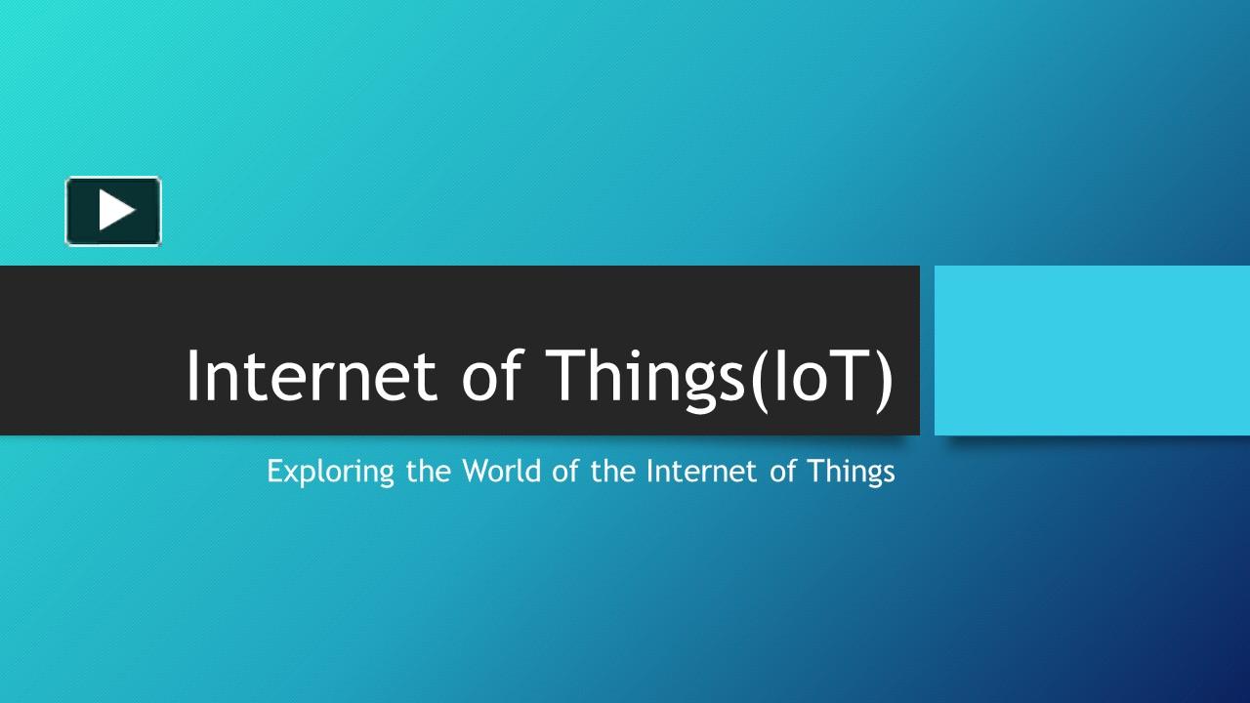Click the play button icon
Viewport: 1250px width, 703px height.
(113, 210)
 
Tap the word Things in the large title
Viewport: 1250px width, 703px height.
(645, 375)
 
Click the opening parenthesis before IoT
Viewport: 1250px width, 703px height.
(759, 377)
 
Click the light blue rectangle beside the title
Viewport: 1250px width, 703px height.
(1092, 351)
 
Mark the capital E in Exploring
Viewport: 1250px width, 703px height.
(274, 472)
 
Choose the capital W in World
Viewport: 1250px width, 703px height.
(476, 472)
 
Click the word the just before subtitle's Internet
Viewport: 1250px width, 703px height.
(613, 472)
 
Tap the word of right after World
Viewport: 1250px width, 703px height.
(563, 472)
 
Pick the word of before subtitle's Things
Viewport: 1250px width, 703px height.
(783, 472)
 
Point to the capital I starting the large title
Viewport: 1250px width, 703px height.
(193, 375)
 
